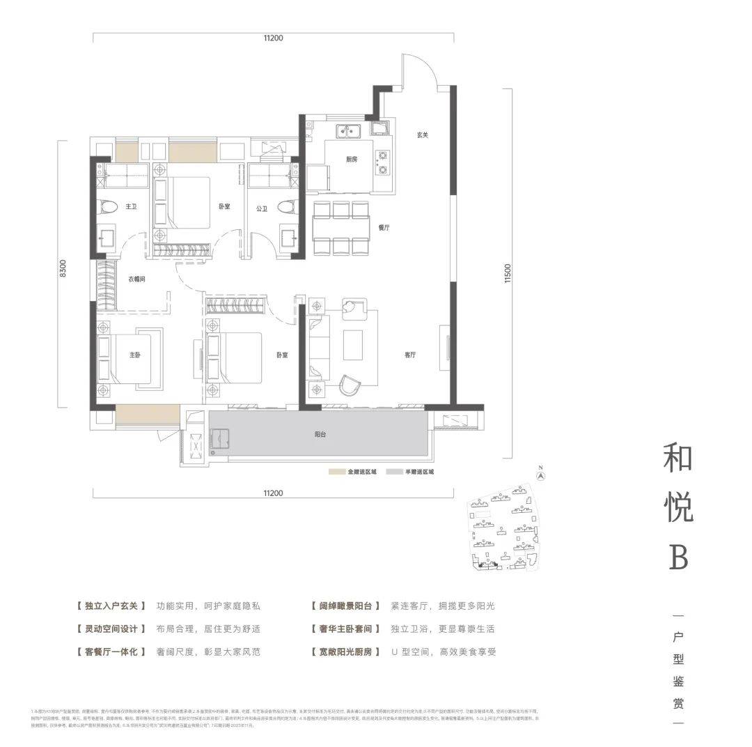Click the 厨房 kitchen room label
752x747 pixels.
point(352,159)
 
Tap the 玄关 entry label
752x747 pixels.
point(423,135)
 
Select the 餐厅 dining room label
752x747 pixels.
point(383,228)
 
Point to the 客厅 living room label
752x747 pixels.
point(410,355)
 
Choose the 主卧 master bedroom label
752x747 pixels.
point(135,355)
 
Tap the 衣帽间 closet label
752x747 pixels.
point(136,279)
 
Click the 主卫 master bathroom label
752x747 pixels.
point(130,207)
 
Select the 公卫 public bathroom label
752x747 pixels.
point(262,208)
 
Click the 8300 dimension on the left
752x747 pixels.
point(62,270)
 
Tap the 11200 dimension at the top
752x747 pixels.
point(273,38)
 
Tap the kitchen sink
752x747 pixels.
point(346,130)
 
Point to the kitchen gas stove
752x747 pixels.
point(382,162)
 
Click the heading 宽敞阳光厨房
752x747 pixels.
point(346,652)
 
